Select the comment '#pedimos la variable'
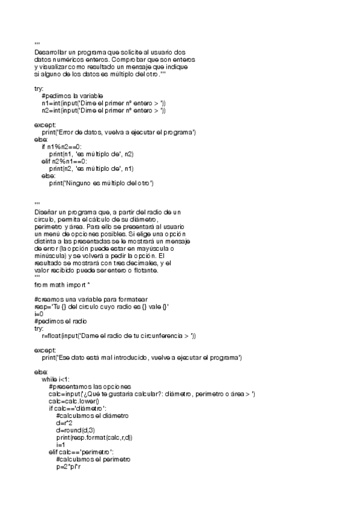72,96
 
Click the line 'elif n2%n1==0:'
64,161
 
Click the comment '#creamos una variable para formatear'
91,300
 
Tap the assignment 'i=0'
38,314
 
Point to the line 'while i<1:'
56,379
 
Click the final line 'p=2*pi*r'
68,466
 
